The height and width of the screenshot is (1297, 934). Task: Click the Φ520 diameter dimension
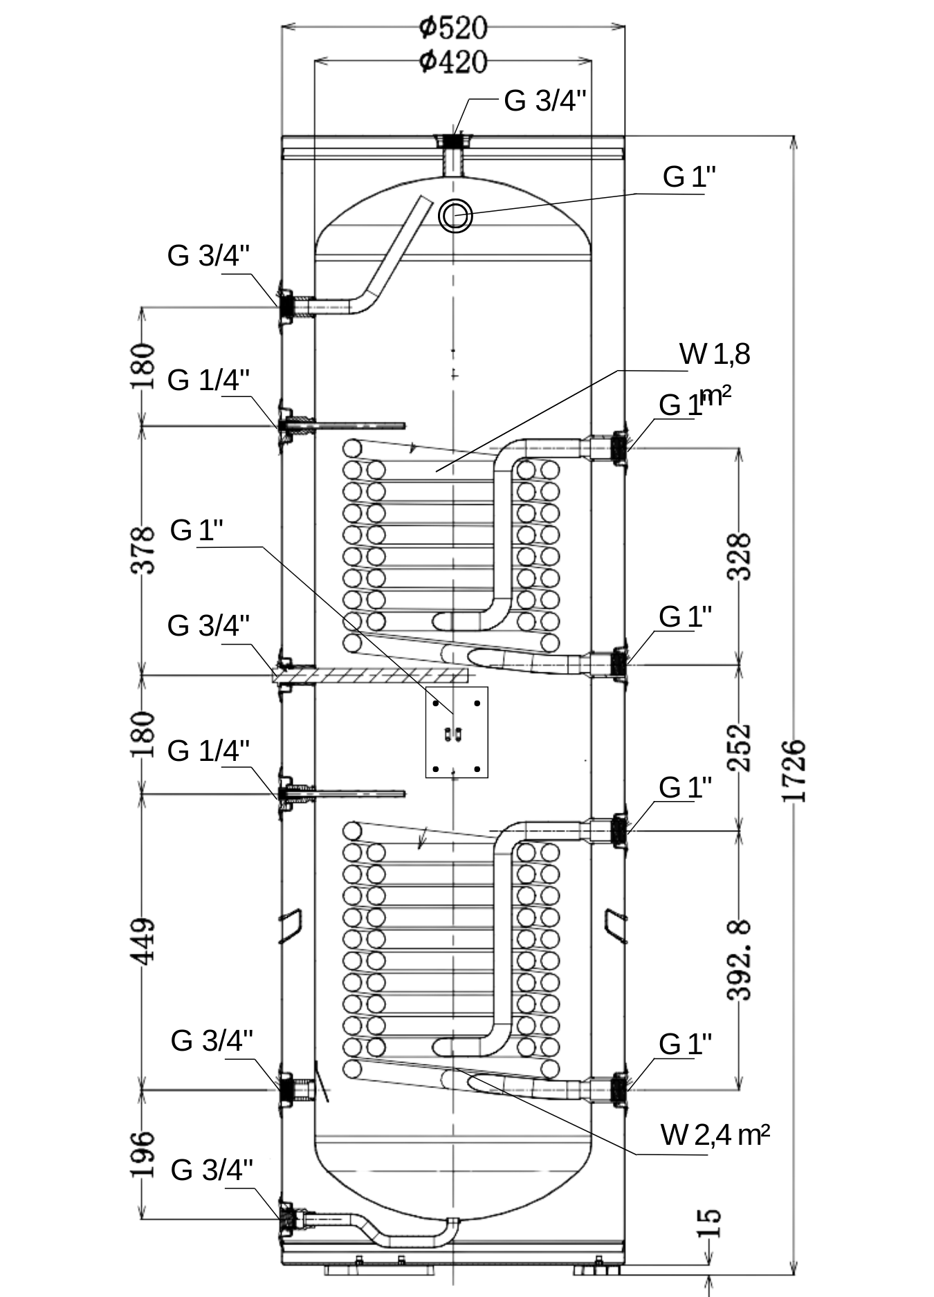453,28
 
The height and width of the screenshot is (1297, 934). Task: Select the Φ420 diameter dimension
453,62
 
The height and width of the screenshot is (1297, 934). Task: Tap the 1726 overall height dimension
794,771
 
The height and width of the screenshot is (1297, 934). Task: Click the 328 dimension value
740,556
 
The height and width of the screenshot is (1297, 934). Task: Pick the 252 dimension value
740,747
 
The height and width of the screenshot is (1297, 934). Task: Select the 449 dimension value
143,941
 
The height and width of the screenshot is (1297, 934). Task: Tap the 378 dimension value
143,550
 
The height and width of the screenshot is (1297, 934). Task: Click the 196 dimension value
143,1154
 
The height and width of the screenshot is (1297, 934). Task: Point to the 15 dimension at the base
708,1223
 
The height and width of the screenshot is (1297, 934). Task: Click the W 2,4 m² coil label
715,1135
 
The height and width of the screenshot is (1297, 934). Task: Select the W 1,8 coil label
715,354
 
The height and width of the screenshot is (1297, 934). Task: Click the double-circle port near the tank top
455,215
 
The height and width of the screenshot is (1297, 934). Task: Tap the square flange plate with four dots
457,732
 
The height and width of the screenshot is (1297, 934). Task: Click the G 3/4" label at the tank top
545,101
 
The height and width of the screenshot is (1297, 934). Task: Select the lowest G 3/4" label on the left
212,1170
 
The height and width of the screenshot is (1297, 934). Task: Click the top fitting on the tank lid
452,140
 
